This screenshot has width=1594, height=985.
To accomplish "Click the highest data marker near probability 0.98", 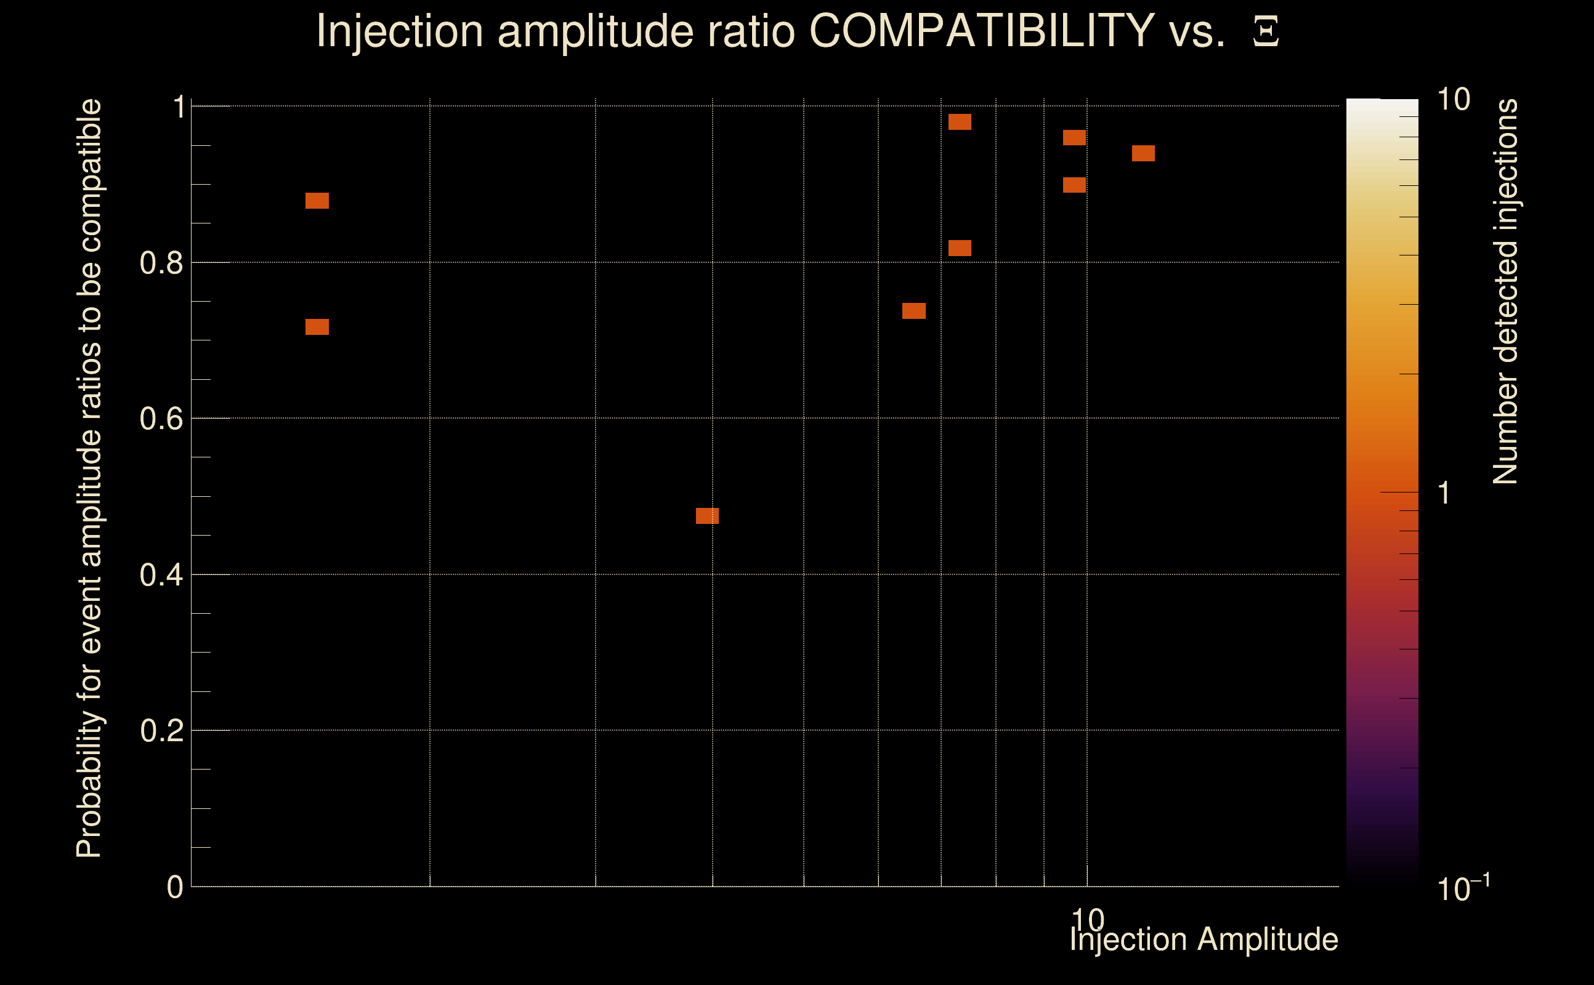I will point(959,122).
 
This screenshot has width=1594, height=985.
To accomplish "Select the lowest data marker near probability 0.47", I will point(707,516).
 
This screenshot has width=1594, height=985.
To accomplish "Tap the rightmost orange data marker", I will point(1143,153).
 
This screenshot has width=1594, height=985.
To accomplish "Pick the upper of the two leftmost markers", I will point(317,201).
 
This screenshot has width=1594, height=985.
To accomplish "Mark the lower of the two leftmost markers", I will point(317,326).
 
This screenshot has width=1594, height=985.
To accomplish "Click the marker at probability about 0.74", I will point(913,311).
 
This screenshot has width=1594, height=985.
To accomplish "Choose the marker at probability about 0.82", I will point(959,248).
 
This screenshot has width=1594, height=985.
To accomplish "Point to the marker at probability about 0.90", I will point(1074,185).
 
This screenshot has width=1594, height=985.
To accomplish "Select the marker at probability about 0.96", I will point(1074,137).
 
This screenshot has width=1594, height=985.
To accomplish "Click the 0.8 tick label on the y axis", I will point(161,263).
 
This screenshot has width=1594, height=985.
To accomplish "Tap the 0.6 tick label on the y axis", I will point(161,419).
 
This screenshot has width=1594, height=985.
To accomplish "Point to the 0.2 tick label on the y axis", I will point(161,731).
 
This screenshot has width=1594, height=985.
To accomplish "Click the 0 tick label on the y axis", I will point(175,887).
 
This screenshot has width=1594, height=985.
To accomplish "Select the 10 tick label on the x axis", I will point(1088,919).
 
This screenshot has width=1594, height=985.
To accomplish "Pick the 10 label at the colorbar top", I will point(1453,100).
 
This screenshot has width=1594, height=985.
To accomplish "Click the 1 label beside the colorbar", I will point(1444,493).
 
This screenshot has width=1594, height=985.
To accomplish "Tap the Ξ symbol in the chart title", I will point(1266,31).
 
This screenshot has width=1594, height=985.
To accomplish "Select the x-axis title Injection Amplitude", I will point(1204,939).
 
